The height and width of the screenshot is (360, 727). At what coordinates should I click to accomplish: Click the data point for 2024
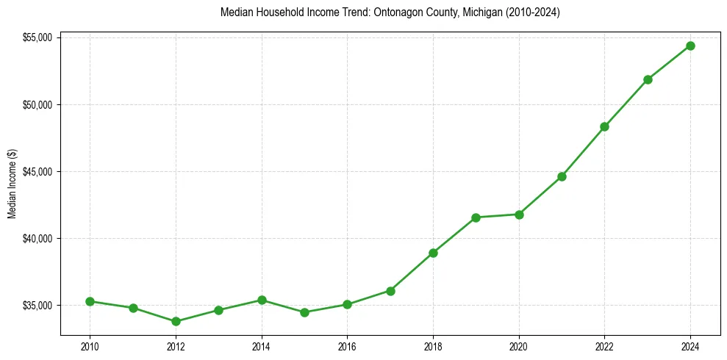[690, 46]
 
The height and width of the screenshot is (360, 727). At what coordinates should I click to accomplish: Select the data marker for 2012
[176, 321]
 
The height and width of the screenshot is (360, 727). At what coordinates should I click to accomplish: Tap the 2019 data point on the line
[476, 217]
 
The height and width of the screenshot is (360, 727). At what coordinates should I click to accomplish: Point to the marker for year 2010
[90, 301]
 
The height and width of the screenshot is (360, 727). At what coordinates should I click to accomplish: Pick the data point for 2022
[604, 126]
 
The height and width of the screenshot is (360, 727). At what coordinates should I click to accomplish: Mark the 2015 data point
[304, 312]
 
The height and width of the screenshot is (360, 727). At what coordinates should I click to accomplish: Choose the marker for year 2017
[390, 291]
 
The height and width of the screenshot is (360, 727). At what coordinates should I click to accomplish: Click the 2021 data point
[562, 176]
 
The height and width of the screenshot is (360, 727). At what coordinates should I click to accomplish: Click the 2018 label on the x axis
[433, 347]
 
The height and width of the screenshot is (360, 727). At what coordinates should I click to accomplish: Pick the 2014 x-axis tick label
[261, 347]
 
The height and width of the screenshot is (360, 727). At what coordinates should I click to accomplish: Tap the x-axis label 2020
[519, 347]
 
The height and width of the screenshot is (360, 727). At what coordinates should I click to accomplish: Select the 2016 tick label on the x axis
[347, 347]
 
